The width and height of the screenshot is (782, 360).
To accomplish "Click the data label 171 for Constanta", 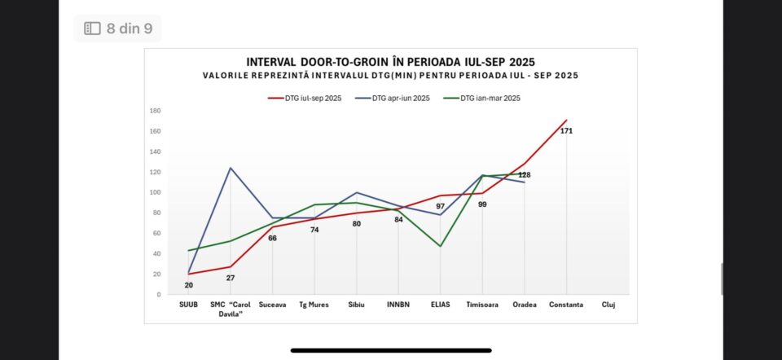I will [x=566, y=130].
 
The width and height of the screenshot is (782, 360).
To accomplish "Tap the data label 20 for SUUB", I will [x=188, y=285].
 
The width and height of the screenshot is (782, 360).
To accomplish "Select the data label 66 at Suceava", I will [x=272, y=238].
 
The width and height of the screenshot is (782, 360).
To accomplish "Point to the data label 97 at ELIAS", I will [x=441, y=206].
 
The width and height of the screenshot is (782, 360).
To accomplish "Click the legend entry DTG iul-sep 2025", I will [x=305, y=99].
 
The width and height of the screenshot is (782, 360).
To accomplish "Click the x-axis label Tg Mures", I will [x=314, y=305].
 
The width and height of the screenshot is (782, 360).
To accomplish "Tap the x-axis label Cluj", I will [x=608, y=305].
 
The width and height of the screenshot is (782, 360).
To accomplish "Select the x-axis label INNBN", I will [x=398, y=305].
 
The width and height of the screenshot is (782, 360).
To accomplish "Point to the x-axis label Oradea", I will [x=525, y=305].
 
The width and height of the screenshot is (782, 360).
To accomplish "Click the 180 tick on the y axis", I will [x=155, y=110].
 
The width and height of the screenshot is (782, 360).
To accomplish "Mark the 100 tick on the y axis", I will [x=155, y=192].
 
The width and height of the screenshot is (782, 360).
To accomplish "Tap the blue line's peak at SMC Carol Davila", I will [x=231, y=168].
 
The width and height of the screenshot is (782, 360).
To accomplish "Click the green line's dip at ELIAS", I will [x=441, y=246].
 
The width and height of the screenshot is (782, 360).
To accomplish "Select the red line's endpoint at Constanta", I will [x=566, y=120].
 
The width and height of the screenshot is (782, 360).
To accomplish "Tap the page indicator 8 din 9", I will [x=118, y=29].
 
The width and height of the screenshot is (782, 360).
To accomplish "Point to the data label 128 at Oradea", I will [x=525, y=174].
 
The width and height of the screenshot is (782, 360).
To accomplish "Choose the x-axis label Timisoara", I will [x=482, y=305].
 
